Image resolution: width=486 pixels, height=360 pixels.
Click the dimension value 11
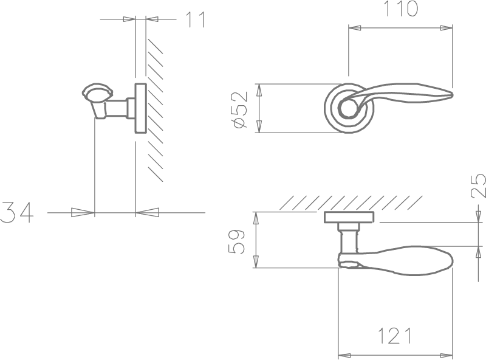(195, 19)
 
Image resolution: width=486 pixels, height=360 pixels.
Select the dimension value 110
(401, 9)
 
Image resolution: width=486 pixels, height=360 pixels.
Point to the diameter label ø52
(241, 109)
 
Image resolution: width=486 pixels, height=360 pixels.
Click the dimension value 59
(236, 242)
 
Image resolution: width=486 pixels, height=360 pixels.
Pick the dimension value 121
(395, 336)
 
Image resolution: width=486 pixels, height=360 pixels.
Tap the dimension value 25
(478, 185)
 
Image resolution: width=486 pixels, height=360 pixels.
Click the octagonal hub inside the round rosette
(349, 108)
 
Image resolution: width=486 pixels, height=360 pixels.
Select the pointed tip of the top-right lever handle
(453, 94)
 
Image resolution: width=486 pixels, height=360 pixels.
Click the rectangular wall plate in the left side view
(141, 108)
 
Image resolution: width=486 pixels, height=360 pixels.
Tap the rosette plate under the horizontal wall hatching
(349, 217)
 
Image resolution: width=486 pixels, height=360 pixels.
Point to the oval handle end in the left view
(97, 92)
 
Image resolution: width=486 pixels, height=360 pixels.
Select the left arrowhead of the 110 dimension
(355, 28)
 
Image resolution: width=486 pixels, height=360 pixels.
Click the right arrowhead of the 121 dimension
(447, 355)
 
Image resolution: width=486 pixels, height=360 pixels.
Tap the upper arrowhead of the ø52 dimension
(259, 90)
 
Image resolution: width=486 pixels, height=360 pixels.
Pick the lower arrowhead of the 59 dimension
(256, 261)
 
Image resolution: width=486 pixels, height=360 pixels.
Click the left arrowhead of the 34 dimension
(83, 212)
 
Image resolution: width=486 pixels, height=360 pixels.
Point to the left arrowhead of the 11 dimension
(129, 19)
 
